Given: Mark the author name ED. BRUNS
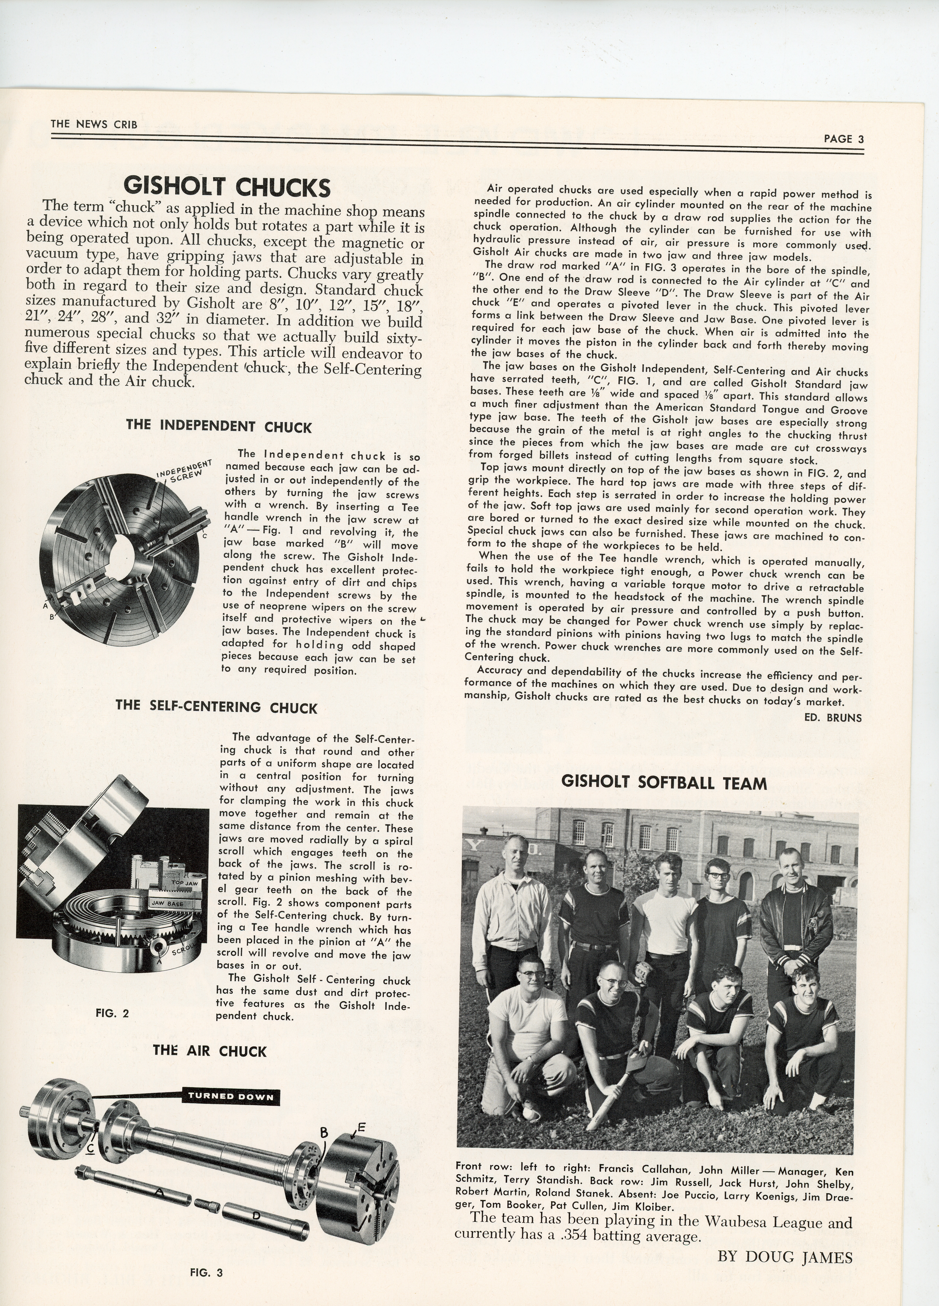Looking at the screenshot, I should click(x=836, y=717).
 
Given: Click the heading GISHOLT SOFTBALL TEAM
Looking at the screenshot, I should click(x=664, y=783).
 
